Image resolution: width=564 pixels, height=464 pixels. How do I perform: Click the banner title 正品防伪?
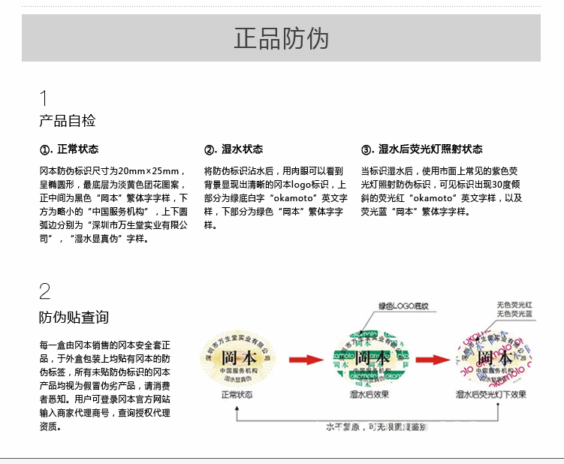pyautogui.click(x=281, y=38)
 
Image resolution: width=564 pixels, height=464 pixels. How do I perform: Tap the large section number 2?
pyautogui.click(x=45, y=292)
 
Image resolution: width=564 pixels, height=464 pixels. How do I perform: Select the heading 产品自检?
pyautogui.click(x=68, y=121)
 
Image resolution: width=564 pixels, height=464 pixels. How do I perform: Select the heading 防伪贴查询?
pyautogui.click(x=74, y=318)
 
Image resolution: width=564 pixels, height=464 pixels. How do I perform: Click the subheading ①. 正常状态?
pyautogui.click(x=68, y=149)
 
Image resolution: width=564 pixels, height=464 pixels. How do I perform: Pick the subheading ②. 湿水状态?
pyautogui.click(x=234, y=149)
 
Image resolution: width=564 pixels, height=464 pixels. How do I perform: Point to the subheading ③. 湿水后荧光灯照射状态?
pyautogui.click(x=421, y=149)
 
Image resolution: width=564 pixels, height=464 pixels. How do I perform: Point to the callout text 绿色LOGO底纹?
pyautogui.click(x=403, y=306)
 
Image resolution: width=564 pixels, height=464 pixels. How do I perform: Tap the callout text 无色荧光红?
pyautogui.click(x=514, y=305)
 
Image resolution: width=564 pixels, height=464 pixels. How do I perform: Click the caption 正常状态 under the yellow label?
pyautogui.click(x=237, y=394)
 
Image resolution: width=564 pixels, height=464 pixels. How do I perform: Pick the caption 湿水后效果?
pyautogui.click(x=369, y=394)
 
